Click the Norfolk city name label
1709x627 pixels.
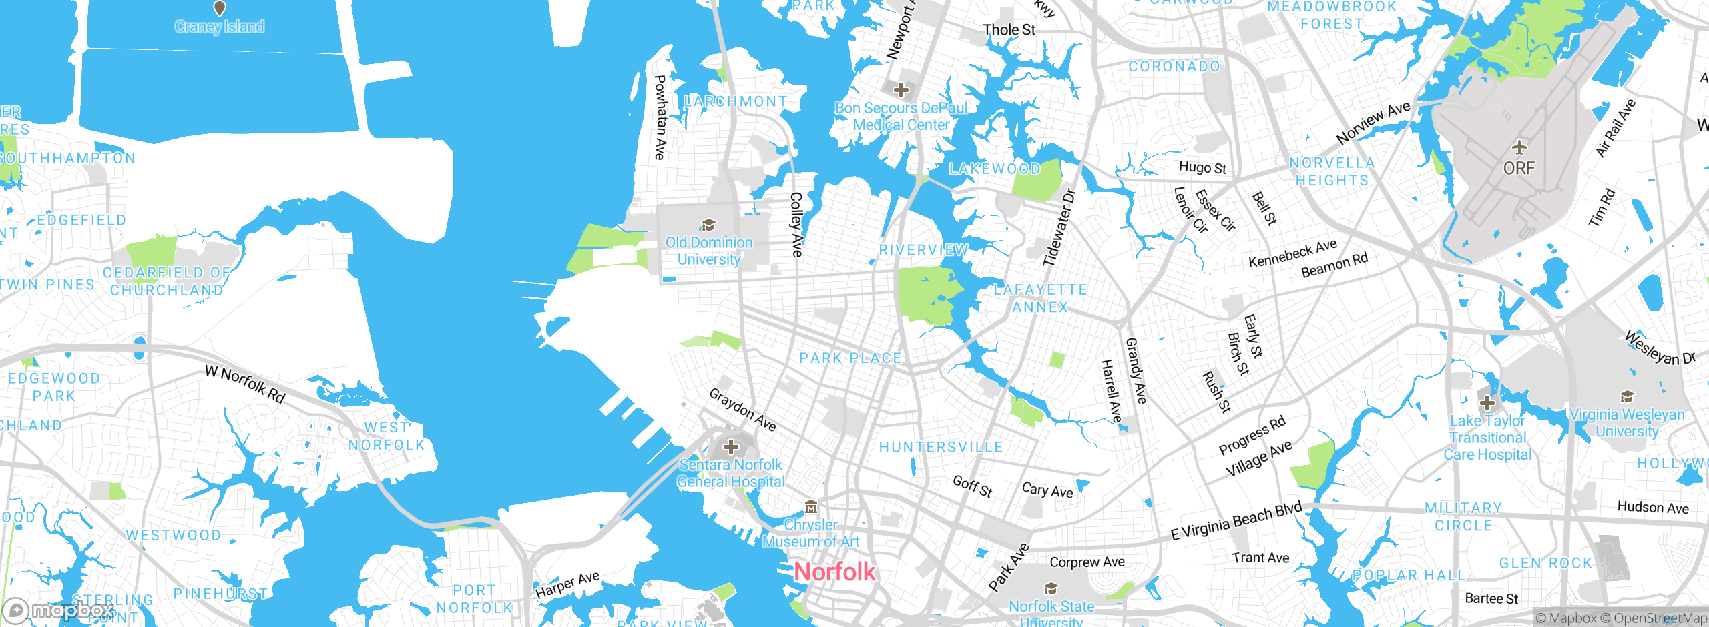pyautogui.click(x=834, y=572)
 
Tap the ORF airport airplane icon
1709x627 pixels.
pyautogui.click(x=1519, y=147)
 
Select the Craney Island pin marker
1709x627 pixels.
pyautogui.click(x=219, y=9)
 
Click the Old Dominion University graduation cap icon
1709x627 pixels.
pyautogui.click(x=708, y=225)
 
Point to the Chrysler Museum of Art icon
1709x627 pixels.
pyautogui.click(x=810, y=507)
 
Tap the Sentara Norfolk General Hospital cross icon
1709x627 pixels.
pyautogui.click(x=731, y=446)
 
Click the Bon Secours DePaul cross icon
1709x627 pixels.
pyautogui.click(x=901, y=89)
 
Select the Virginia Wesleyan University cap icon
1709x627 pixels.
pyautogui.click(x=1628, y=397)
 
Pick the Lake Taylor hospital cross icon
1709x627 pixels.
pyautogui.click(x=1487, y=403)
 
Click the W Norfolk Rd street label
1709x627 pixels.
pyautogui.click(x=245, y=384)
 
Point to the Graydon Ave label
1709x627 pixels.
pyautogui.click(x=742, y=410)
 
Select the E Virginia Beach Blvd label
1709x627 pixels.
pyautogui.click(x=1236, y=521)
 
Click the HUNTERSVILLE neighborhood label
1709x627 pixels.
pyautogui.click(x=941, y=447)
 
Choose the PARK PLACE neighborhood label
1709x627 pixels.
pyautogui.click(x=850, y=358)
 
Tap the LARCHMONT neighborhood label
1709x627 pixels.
pyautogui.click(x=736, y=101)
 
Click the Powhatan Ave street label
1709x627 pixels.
pyautogui.click(x=660, y=117)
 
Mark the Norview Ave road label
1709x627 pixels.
pyautogui.click(x=1373, y=122)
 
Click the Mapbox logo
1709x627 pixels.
pyautogui.click(x=59, y=610)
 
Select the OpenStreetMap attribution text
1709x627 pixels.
pyautogui.click(x=1658, y=618)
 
